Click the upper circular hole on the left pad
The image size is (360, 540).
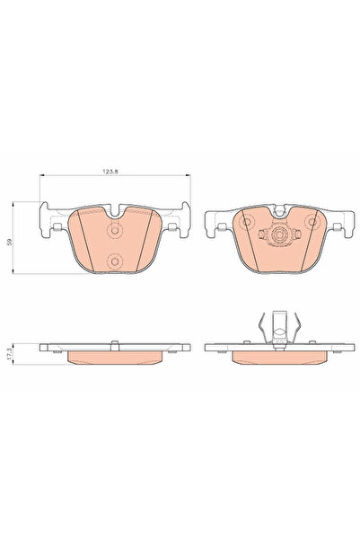coord(113,230)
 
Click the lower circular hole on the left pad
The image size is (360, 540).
coord(113,261)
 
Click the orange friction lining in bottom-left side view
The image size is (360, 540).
coord(113,356)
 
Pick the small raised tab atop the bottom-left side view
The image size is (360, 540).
coord(113,341)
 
